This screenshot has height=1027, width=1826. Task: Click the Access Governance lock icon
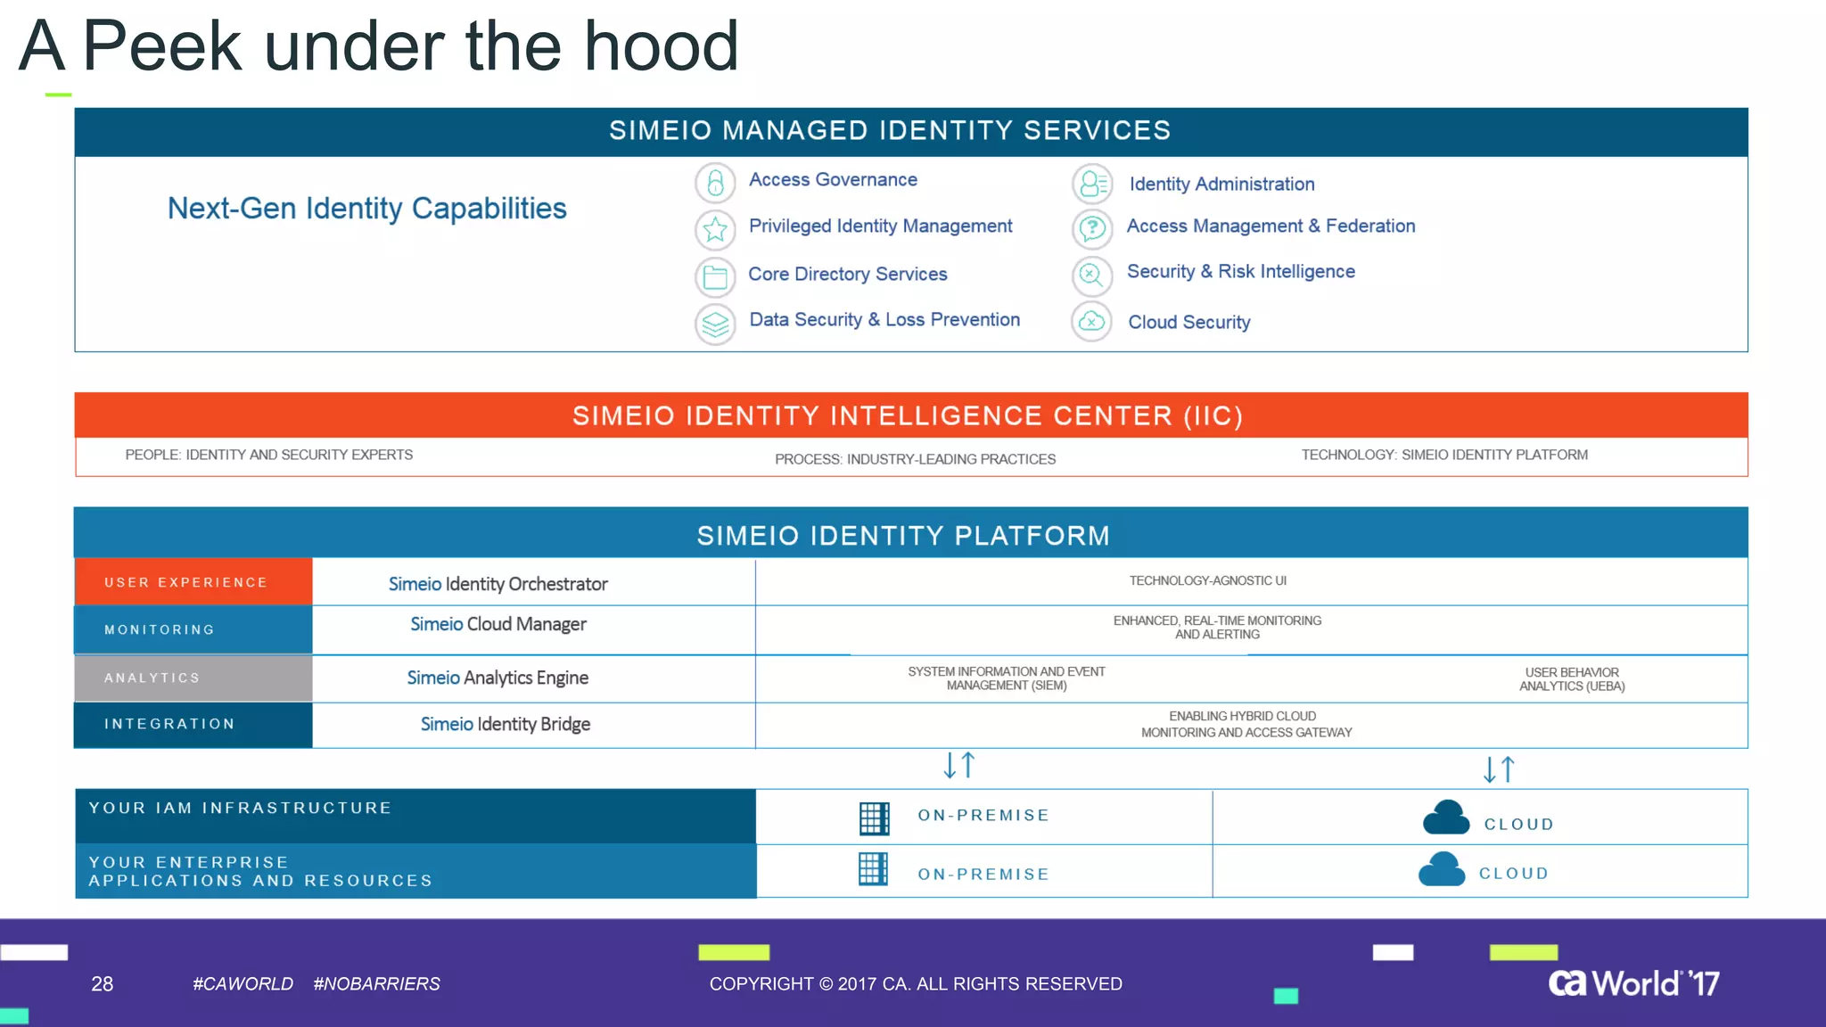tap(715, 183)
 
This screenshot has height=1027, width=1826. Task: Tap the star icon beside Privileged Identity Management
tap(715, 230)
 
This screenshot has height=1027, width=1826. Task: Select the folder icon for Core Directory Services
tap(715, 277)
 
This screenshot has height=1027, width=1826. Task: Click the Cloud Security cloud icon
tap(1091, 322)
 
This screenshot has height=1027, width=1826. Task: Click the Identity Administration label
tap(1221, 185)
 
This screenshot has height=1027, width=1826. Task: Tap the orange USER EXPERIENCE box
tap(193, 582)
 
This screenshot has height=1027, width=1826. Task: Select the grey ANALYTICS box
tap(193, 678)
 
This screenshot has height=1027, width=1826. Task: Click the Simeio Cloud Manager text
tap(498, 625)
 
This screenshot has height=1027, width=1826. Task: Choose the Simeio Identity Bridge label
tap(506, 725)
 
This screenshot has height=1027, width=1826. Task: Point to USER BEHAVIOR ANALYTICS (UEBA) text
tap(1572, 679)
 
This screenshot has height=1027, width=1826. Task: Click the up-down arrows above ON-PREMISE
tap(959, 765)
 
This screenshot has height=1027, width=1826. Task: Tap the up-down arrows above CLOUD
tap(1499, 769)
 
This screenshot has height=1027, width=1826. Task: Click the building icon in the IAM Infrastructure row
tap(874, 817)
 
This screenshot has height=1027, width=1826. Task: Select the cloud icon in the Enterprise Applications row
tap(1442, 869)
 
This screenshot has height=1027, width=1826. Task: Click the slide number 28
tap(103, 984)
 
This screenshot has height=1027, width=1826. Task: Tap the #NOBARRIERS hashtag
tap(376, 984)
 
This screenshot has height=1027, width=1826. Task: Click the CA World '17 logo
tap(1633, 983)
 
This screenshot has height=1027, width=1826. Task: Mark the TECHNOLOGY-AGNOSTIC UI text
tap(1207, 581)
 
